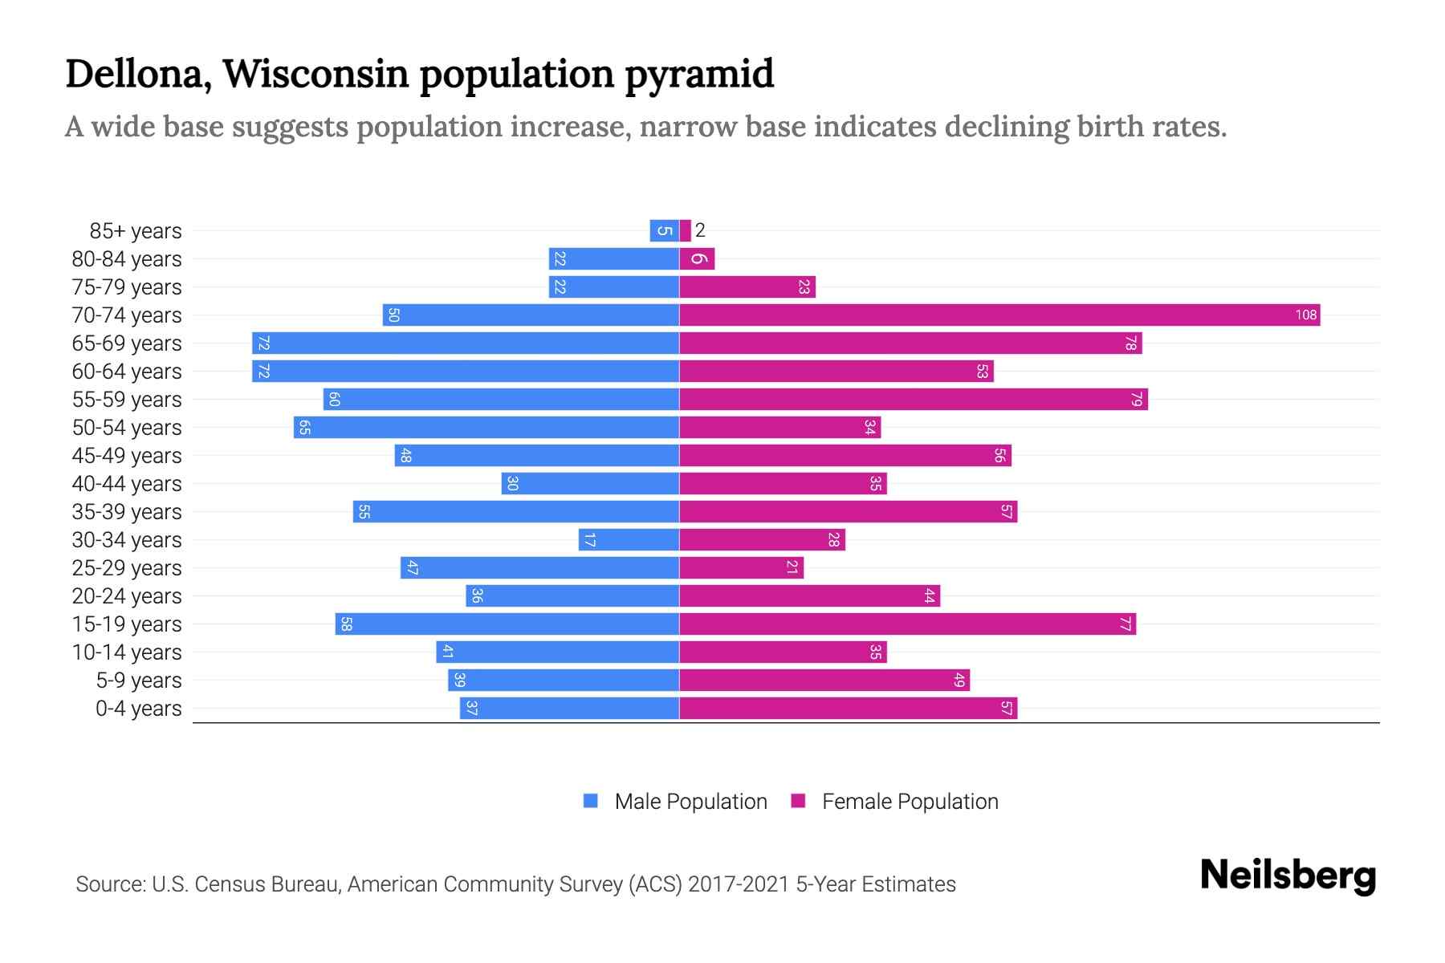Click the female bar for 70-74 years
999,315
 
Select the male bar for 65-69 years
466,343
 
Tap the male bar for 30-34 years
629,540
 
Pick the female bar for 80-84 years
697,259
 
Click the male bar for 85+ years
664,231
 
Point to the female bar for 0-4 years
848,709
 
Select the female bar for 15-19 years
907,624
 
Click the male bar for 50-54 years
486,428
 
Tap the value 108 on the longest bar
1305,315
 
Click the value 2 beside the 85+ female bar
700,231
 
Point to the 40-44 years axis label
127,484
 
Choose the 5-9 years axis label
139,681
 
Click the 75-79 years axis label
127,287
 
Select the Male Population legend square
591,801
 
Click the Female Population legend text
910,802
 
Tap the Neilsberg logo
1288,876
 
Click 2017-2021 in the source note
739,884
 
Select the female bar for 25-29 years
741,568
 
